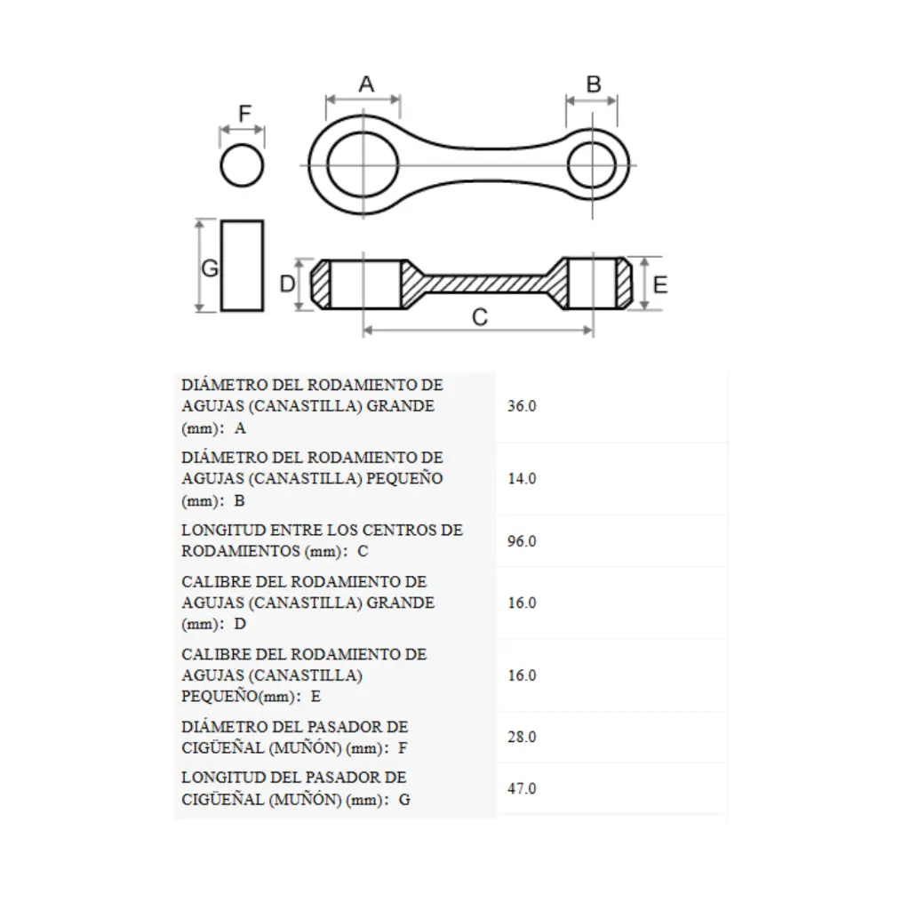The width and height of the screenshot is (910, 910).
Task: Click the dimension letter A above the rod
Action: tap(365, 84)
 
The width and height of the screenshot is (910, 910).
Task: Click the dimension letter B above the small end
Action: tap(593, 84)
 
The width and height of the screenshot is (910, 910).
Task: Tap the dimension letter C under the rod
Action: tap(479, 317)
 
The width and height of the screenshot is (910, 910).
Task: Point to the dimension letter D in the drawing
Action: tap(287, 283)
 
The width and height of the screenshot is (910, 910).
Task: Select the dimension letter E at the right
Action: tap(660, 285)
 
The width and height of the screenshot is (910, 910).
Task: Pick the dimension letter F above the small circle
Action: tap(245, 113)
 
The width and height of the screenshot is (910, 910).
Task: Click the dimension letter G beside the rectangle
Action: tap(210, 268)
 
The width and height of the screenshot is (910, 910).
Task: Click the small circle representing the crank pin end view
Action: tap(242, 145)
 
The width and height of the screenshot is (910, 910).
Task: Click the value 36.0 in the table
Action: tap(522, 405)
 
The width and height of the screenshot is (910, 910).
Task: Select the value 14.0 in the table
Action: tap(522, 478)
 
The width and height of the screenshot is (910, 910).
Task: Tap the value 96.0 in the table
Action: tap(522, 541)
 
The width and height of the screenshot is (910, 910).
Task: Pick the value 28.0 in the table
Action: tap(522, 737)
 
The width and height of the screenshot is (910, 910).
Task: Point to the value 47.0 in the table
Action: tap(522, 788)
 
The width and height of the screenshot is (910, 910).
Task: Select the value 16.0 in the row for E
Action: tap(522, 675)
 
